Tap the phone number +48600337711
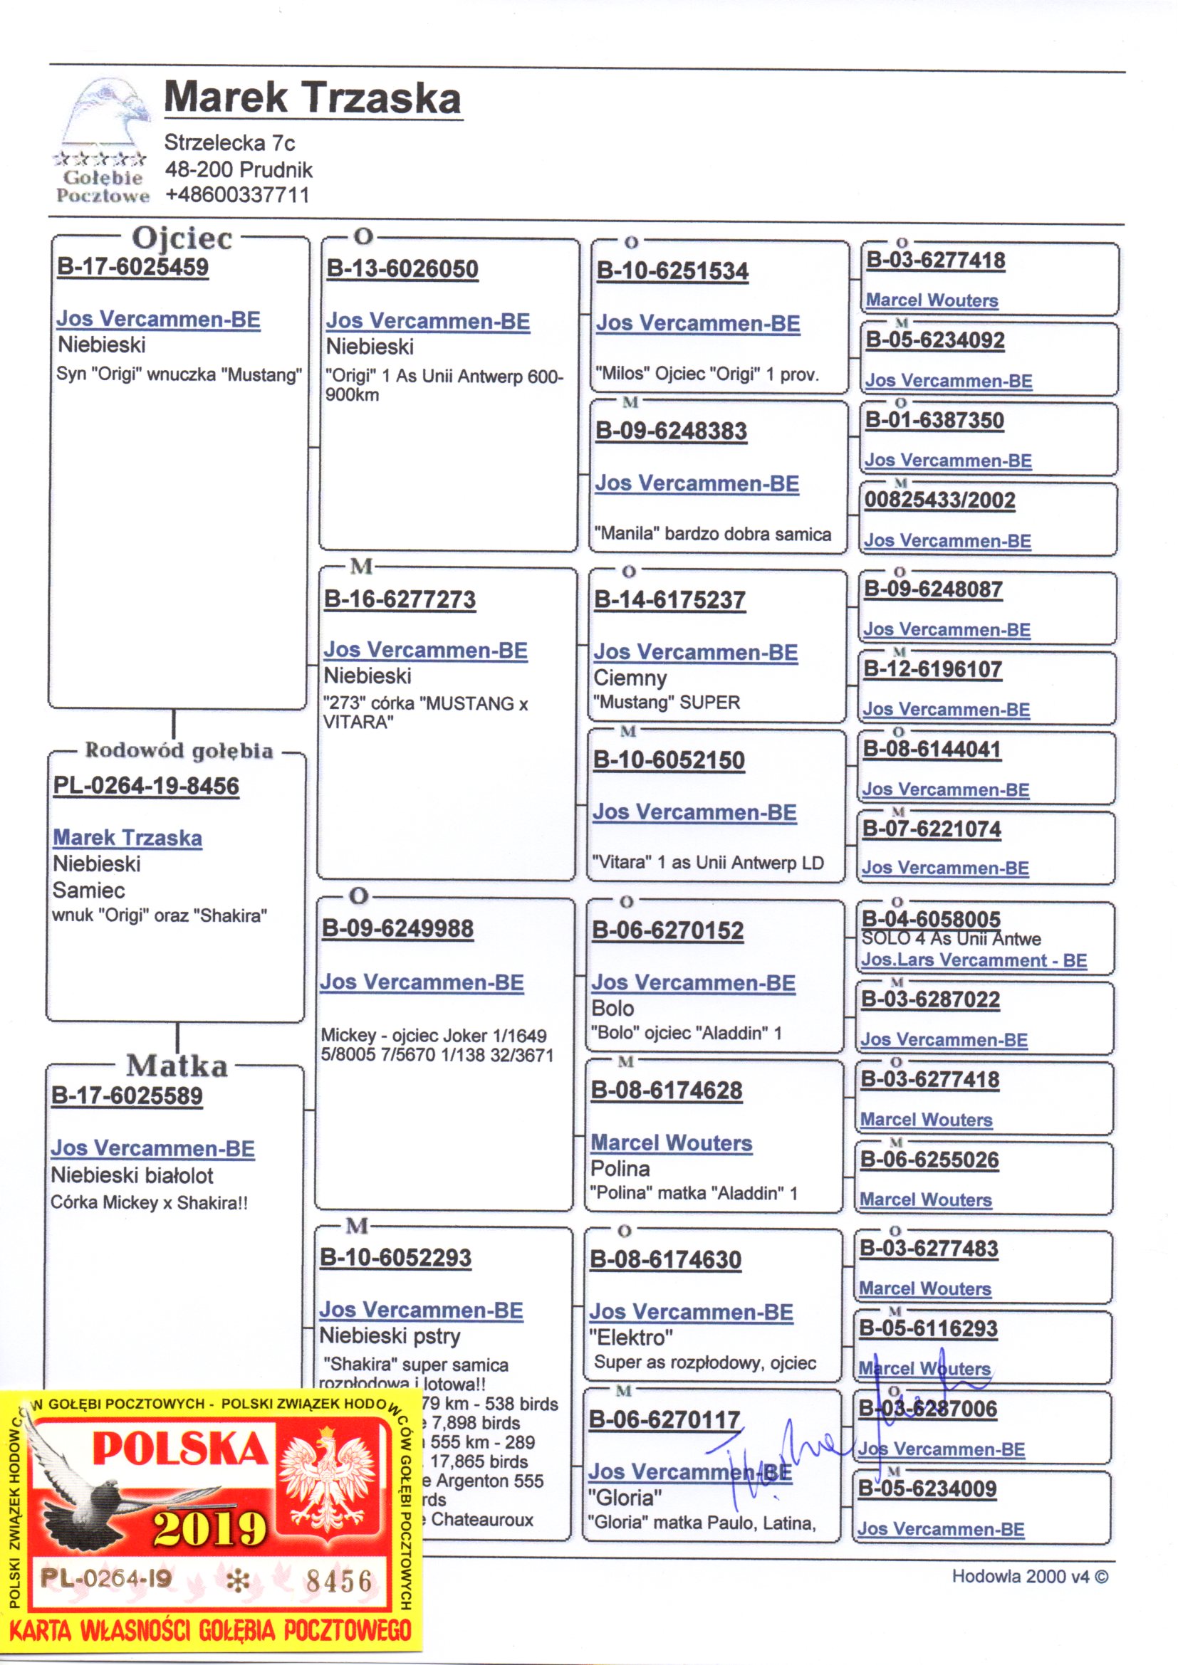pos(236,195)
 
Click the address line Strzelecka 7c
pos(229,142)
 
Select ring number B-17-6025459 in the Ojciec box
pos(132,267)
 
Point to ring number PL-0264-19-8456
pos(146,786)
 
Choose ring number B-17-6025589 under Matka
pos(127,1096)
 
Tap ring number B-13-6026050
pos(402,269)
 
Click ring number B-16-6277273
pos(400,599)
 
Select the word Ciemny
pos(630,678)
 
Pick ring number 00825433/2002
pos(939,500)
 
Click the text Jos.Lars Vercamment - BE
pos(974,961)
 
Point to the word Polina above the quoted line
pos(620,1169)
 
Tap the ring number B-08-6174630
pos(665,1260)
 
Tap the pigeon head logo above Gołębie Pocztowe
pos(107,116)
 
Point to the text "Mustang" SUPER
pos(666,703)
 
